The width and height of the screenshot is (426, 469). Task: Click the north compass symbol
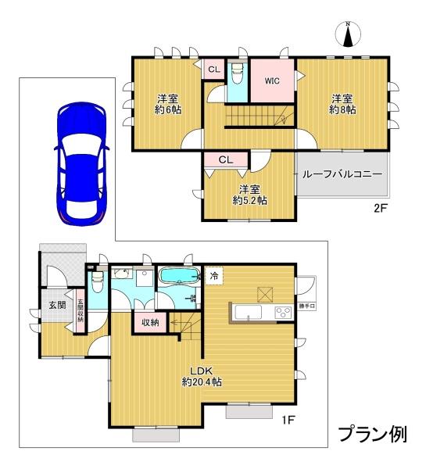[348, 34]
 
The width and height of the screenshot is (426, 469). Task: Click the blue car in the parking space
[81, 163]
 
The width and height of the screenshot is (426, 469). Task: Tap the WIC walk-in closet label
[272, 81]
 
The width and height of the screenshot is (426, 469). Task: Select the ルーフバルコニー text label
[342, 174]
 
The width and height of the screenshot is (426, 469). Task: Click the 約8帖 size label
[342, 110]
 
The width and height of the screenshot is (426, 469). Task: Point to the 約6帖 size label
[168, 110]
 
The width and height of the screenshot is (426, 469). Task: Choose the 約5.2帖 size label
[250, 200]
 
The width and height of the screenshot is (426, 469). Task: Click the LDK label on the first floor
[202, 371]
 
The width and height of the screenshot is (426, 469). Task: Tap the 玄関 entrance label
[57, 305]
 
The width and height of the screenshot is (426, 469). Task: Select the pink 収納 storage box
[150, 322]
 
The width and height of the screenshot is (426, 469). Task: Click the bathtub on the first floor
[180, 275]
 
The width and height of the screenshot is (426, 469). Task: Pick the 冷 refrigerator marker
[214, 276]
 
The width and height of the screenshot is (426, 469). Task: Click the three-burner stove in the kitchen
[283, 313]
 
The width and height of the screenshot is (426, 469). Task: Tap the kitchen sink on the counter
[248, 313]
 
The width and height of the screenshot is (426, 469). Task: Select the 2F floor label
[381, 208]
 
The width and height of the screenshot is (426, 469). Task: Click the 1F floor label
[288, 421]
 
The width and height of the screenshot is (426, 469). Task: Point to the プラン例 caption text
[373, 435]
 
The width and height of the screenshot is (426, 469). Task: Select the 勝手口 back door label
[307, 306]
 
